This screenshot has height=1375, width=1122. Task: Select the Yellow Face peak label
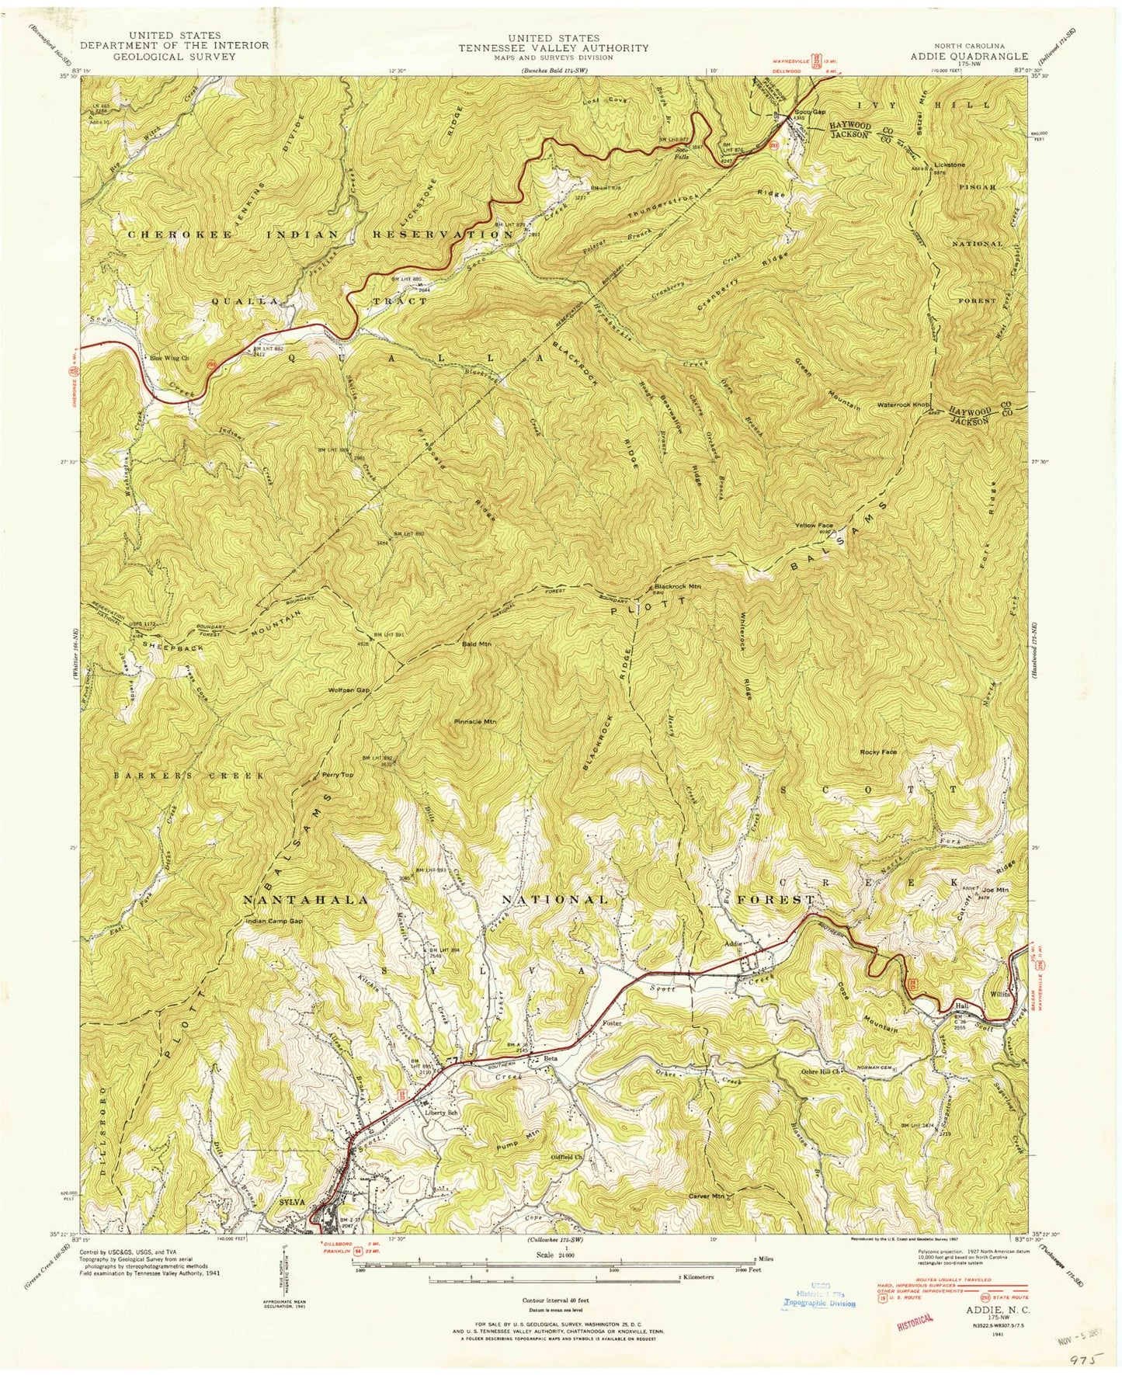[x=813, y=526]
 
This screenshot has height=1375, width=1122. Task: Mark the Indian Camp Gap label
[x=271, y=922]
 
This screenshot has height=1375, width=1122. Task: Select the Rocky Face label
[x=877, y=752]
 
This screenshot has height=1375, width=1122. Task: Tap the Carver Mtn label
[x=707, y=1196]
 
